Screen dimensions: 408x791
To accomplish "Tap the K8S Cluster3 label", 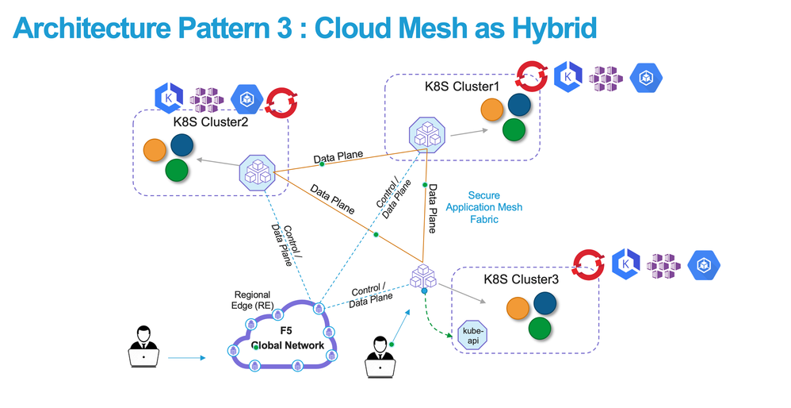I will (x=521, y=279).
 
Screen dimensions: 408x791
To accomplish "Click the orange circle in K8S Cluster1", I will (x=491, y=110).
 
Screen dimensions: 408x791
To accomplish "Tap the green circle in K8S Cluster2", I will (x=177, y=169).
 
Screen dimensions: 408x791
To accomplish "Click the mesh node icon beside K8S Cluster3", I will (x=423, y=276).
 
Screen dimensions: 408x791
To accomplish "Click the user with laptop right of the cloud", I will (x=380, y=354).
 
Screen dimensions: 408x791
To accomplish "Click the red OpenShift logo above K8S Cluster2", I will (x=280, y=100).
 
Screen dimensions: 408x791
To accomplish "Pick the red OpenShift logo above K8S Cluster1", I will (x=529, y=76).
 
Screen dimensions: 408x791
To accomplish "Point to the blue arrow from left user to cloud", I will (x=185, y=358).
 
